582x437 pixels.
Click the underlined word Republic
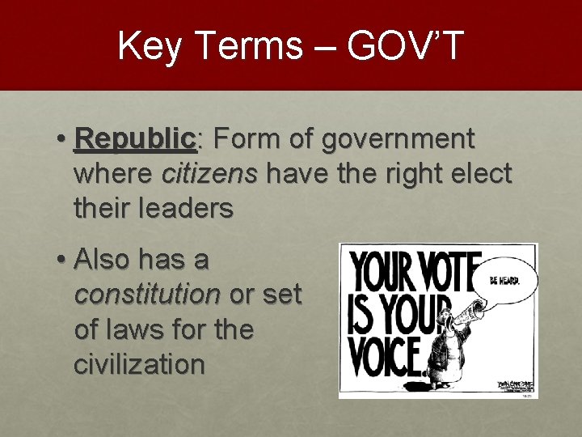pyautogui.click(x=134, y=139)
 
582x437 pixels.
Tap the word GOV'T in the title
pyautogui.click(x=406, y=45)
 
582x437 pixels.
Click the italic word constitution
pyautogui.click(x=146, y=295)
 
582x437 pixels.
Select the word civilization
pyautogui.click(x=139, y=364)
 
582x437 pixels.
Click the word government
pyautogui.click(x=398, y=139)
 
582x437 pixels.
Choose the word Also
pyautogui.click(x=103, y=261)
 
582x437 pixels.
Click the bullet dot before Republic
pyautogui.click(x=61, y=140)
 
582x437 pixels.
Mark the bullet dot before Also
pyautogui.click(x=61, y=261)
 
